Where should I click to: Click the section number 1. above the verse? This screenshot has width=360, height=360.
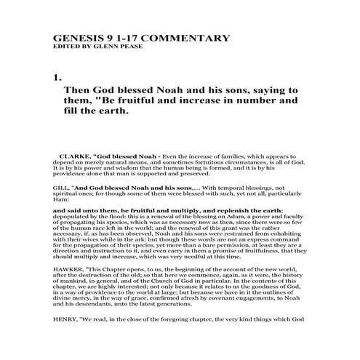(x=58, y=75)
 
